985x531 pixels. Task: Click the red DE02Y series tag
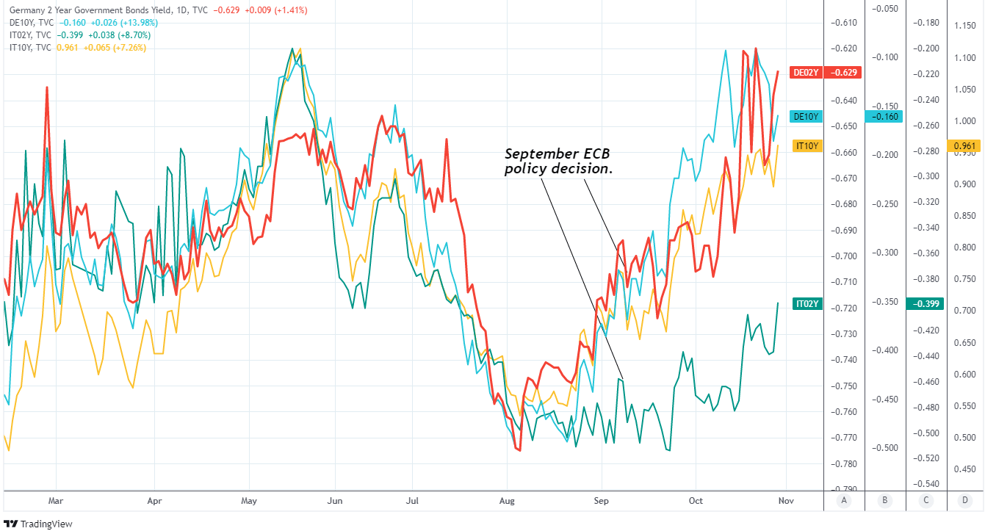click(x=805, y=73)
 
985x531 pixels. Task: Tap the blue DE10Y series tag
click(x=805, y=116)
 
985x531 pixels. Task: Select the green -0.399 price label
click(x=925, y=304)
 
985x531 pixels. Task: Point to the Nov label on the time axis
click(x=786, y=502)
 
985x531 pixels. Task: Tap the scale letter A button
click(x=844, y=502)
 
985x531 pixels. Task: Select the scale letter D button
click(x=964, y=502)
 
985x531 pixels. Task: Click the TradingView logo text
click(x=41, y=524)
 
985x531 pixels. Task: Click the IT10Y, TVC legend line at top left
click(x=30, y=48)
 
